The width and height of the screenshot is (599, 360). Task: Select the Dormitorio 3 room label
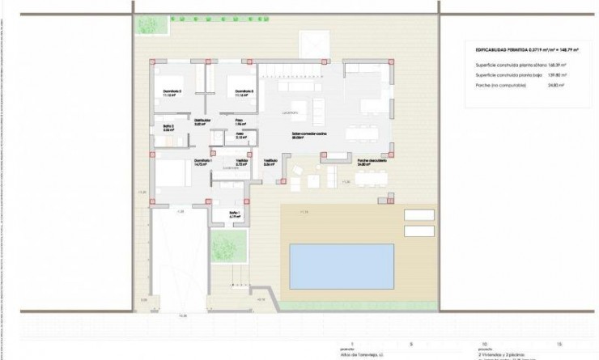pos(244,91)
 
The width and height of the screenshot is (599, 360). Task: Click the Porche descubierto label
pos(369,161)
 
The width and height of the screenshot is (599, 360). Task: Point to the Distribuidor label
pos(202,121)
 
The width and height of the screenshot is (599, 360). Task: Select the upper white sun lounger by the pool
pos(418,215)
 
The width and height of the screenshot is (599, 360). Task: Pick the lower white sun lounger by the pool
pos(418,230)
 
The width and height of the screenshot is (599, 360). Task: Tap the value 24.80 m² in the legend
pos(554,83)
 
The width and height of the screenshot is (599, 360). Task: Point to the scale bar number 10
pos(483,343)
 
